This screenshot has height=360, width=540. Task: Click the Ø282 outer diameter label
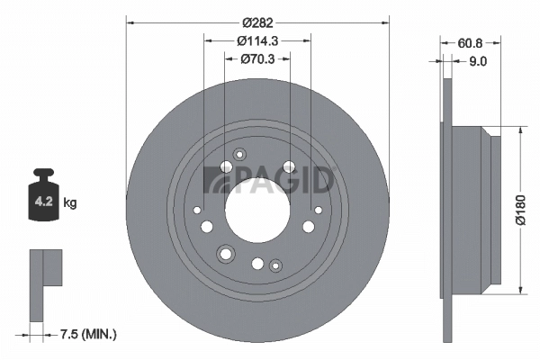(257, 9)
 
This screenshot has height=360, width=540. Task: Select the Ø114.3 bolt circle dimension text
(257, 40)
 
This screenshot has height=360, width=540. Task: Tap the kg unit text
(69, 202)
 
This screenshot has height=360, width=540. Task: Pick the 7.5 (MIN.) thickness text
(87, 335)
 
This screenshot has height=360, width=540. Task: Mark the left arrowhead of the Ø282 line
(130, 18)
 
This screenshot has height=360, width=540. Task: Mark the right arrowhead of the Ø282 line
(385, 18)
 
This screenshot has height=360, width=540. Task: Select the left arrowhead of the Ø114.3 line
(208, 40)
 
